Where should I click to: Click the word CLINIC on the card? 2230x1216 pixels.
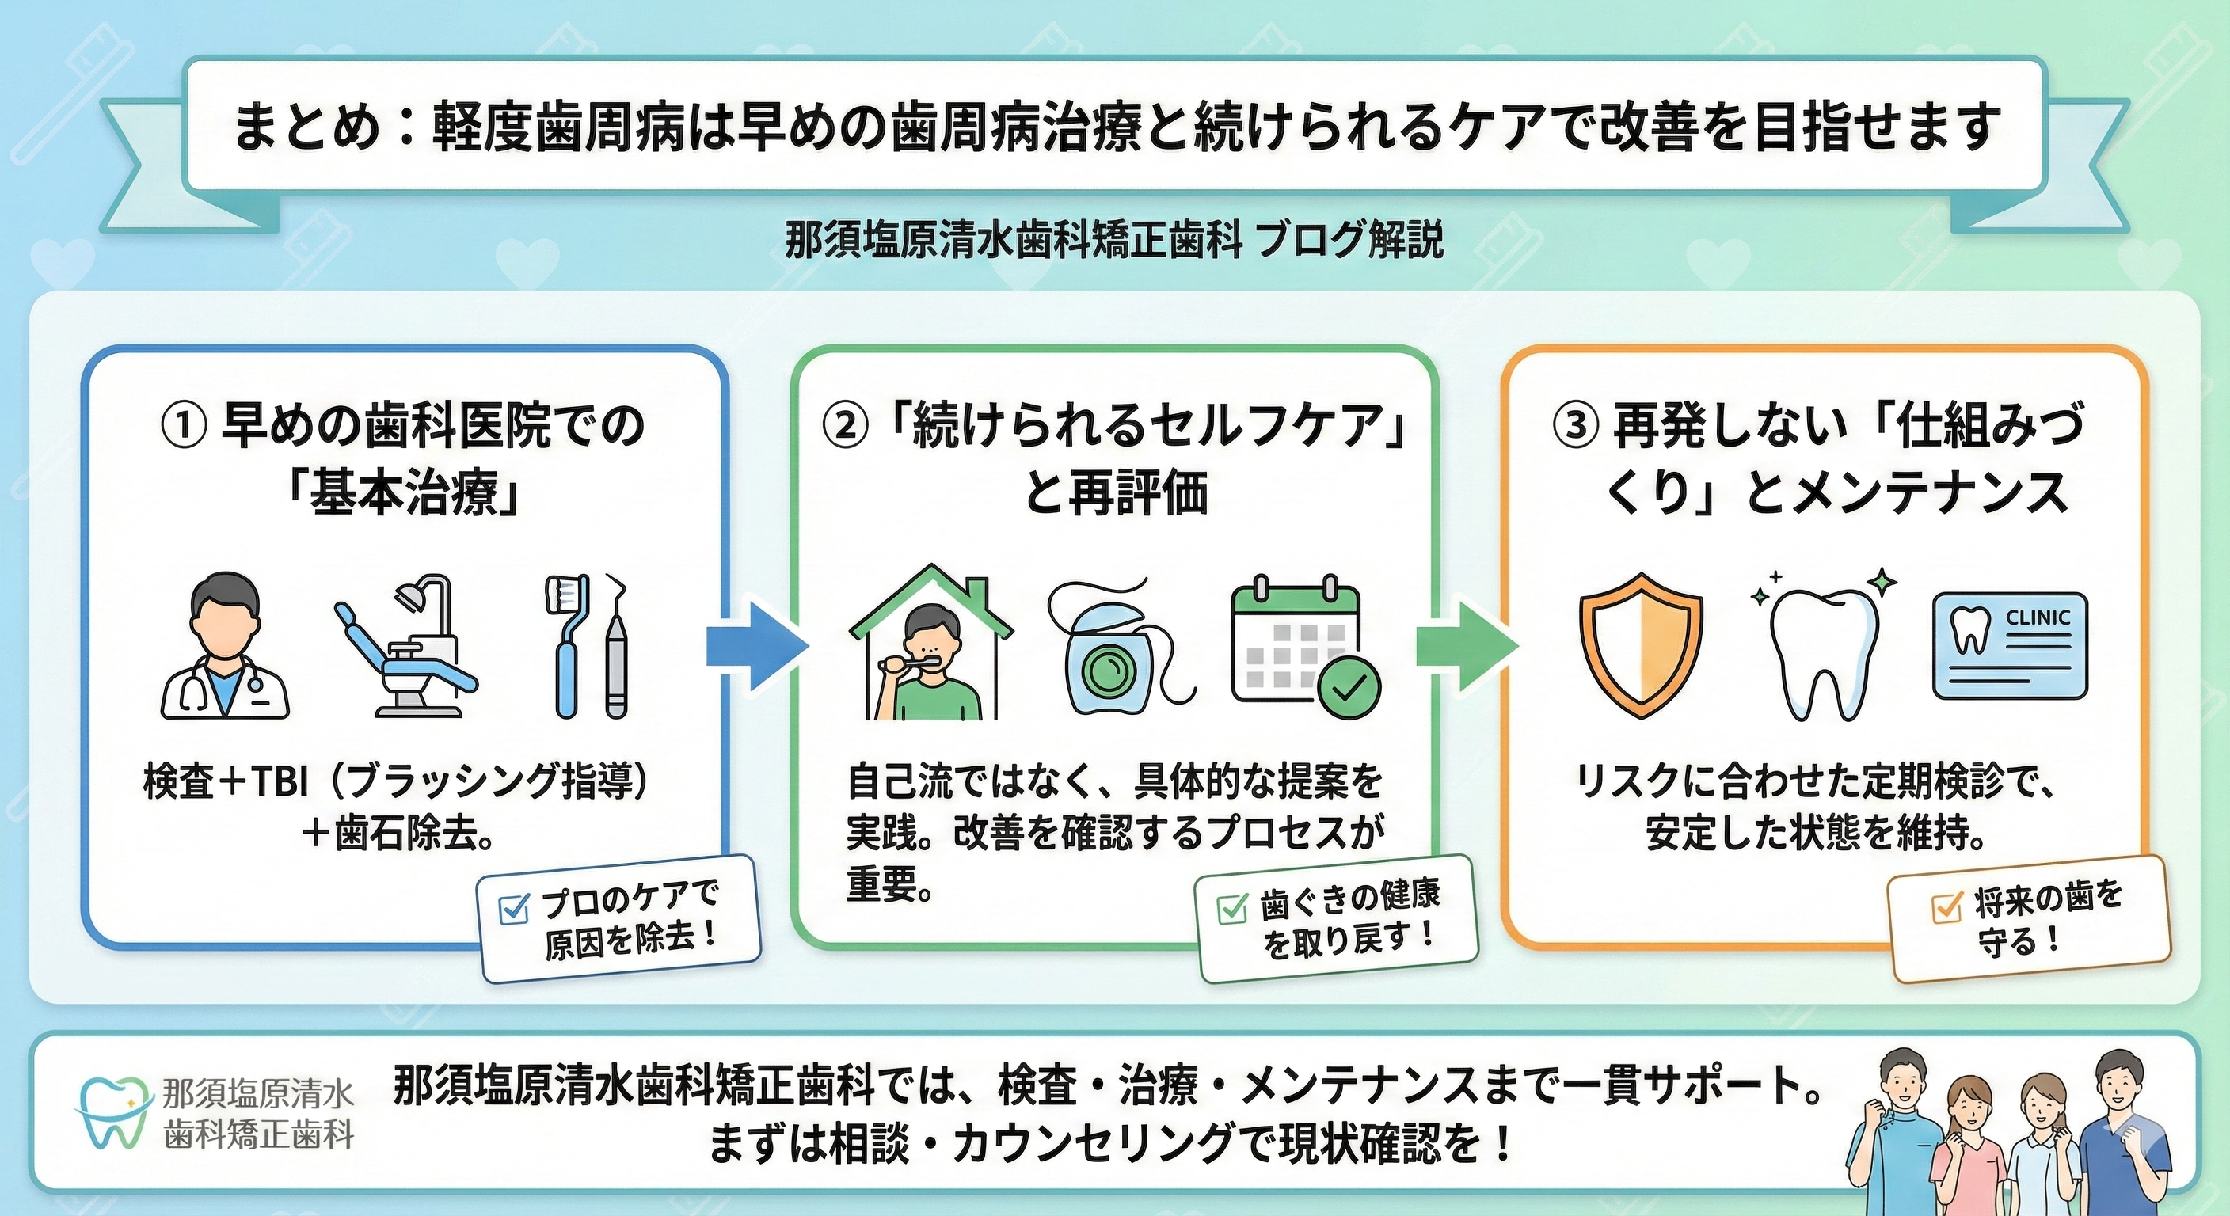point(2038,618)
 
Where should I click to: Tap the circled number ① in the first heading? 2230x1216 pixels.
point(184,427)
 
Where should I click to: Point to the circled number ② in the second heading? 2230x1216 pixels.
point(845,427)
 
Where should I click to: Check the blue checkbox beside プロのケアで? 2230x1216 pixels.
point(514,909)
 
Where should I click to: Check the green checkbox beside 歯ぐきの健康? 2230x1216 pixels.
point(1231,909)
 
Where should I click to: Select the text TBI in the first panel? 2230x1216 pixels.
point(280,782)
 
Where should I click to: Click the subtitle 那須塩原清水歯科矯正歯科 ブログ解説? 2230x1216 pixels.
point(1115,241)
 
